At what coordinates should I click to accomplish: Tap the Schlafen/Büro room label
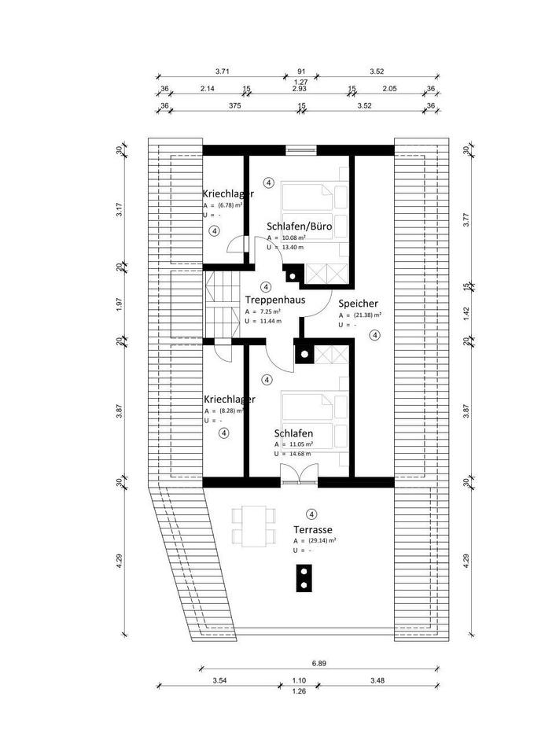point(299,226)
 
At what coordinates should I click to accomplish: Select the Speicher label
point(359,303)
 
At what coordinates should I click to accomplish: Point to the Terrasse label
point(313,529)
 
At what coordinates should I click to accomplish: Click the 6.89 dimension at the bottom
point(318,663)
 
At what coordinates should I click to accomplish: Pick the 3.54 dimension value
point(219,680)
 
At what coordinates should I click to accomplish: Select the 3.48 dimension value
point(377,680)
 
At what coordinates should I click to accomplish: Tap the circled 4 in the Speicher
point(374,335)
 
